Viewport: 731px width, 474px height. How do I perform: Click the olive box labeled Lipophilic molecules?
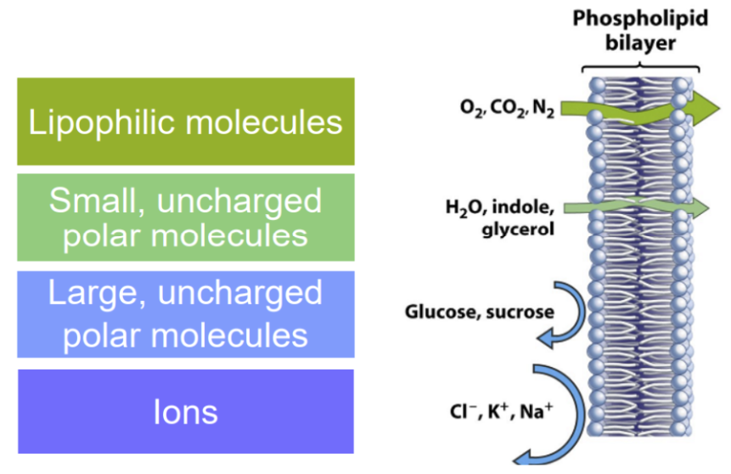pos(185,121)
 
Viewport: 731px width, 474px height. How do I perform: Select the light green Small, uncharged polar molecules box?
pos(185,217)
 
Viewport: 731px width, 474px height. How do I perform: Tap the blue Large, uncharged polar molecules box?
pos(185,314)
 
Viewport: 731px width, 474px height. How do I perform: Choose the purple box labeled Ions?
pos(185,411)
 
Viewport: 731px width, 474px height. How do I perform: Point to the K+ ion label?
pos(499,413)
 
